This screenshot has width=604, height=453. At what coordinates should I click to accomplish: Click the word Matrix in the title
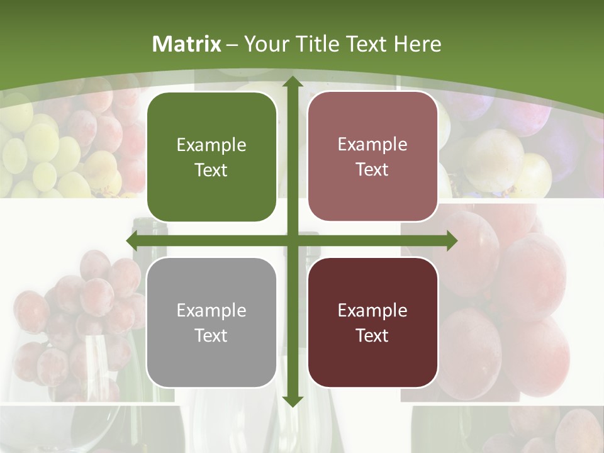tap(187, 43)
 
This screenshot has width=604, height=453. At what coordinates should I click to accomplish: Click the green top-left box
tap(211, 157)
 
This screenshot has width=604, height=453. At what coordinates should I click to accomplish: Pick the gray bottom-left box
tap(211, 322)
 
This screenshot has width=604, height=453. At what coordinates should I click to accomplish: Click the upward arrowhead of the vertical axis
tap(292, 82)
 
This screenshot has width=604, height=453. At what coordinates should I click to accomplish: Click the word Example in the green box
tap(211, 145)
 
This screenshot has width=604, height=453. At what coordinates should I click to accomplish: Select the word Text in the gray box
tap(211, 335)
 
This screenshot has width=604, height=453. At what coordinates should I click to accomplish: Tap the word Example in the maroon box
tap(372, 310)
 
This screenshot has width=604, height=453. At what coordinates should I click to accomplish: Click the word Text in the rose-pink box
tap(372, 170)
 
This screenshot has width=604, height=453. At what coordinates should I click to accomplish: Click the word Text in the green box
tap(211, 171)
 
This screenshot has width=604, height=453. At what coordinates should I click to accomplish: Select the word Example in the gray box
tap(211, 310)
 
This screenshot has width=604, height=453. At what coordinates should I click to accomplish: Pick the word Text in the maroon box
tap(372, 335)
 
